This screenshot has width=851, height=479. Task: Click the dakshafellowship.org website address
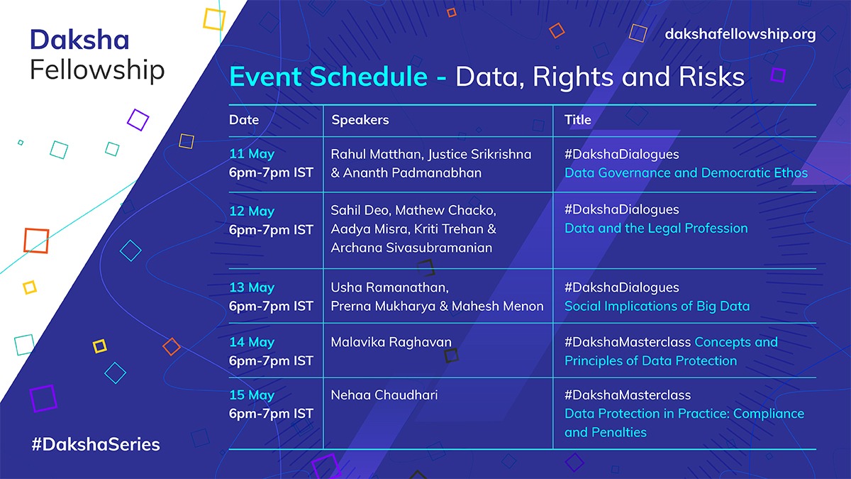pyautogui.click(x=740, y=35)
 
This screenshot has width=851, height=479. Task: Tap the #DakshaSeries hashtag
pyautogui.click(x=96, y=444)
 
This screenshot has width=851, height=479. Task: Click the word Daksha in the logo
pyautogui.click(x=79, y=40)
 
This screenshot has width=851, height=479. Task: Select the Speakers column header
pyautogui.click(x=360, y=120)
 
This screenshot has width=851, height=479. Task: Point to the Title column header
pyautogui.click(x=577, y=120)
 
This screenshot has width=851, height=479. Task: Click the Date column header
pyautogui.click(x=244, y=120)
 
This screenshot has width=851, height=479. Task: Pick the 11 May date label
pyautogui.click(x=252, y=154)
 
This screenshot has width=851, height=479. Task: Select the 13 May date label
pyautogui.click(x=252, y=287)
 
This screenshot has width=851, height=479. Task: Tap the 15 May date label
pyautogui.click(x=252, y=395)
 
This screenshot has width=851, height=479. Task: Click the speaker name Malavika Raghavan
pyautogui.click(x=391, y=342)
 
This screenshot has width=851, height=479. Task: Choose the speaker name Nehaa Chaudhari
pyautogui.click(x=384, y=395)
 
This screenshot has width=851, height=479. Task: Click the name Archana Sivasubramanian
pyautogui.click(x=411, y=248)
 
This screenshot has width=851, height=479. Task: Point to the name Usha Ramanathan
pyautogui.click(x=389, y=287)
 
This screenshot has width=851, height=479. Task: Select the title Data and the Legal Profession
pyautogui.click(x=656, y=228)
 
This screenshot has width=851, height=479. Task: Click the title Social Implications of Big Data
pyautogui.click(x=657, y=306)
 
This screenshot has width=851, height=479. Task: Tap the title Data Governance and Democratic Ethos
pyautogui.click(x=686, y=172)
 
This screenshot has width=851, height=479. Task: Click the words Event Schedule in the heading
pyautogui.click(x=328, y=77)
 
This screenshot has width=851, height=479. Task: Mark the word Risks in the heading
pyautogui.click(x=711, y=77)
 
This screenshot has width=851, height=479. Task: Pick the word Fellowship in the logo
pyautogui.click(x=97, y=70)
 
